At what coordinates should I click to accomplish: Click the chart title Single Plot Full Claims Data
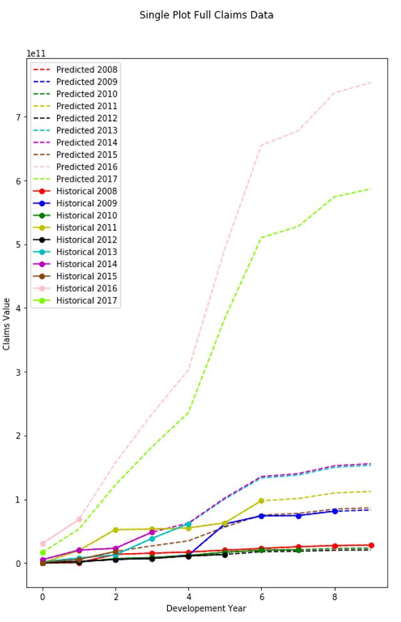[x=206, y=15]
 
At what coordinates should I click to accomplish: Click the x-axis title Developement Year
[x=206, y=608]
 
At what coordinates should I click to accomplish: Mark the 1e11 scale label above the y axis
[x=36, y=54]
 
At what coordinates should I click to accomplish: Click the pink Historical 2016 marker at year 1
[x=79, y=519]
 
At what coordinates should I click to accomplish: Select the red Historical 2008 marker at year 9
[x=371, y=546]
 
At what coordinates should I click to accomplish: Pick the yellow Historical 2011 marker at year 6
[x=261, y=500]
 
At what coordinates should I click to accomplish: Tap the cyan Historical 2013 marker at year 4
[x=189, y=524]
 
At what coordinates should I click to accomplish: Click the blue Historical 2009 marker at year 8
[x=335, y=511]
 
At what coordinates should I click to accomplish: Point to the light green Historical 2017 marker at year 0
[x=43, y=552]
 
